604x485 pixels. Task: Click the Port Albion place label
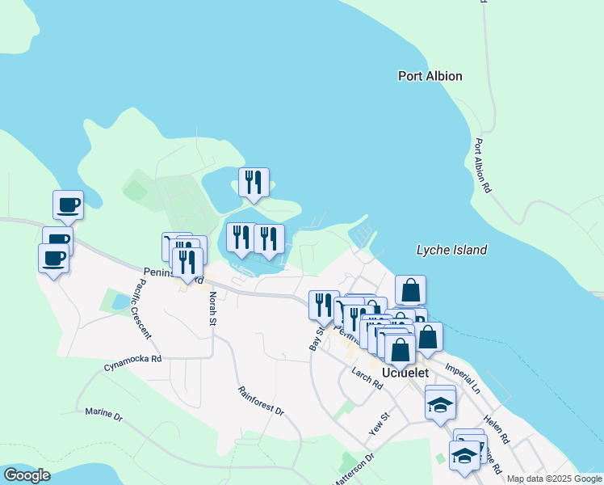point(430,76)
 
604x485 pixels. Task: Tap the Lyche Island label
point(451,250)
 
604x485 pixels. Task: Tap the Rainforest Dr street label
point(261,400)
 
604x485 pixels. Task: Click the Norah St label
point(212,308)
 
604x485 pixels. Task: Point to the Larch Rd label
point(367,378)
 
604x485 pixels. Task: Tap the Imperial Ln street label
point(464,377)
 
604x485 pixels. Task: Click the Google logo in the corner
point(27,475)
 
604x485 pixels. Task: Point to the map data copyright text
point(554,479)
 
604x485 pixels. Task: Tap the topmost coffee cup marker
point(68,204)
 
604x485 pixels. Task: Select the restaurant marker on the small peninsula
point(254,183)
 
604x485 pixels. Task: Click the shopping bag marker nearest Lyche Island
point(410,289)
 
